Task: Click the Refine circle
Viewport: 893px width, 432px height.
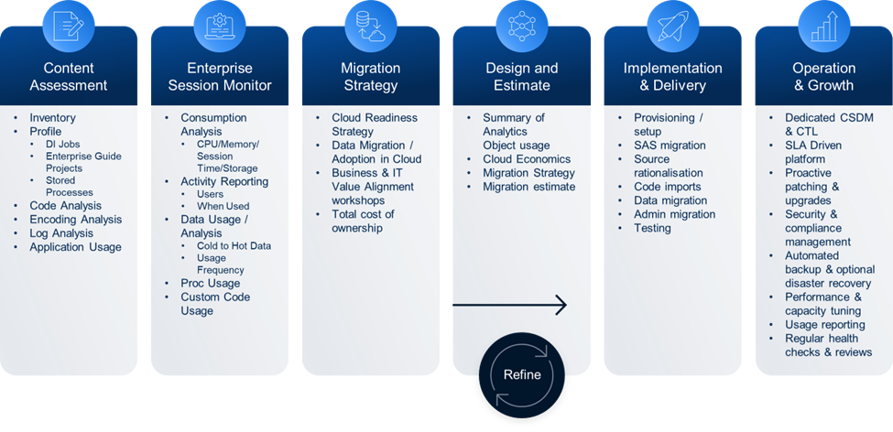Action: coord(522,375)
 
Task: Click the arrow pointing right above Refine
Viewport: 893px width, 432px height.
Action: coord(510,305)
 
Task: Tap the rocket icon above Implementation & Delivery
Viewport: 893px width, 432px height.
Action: coord(672,26)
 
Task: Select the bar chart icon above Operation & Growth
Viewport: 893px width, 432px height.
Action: coord(823,27)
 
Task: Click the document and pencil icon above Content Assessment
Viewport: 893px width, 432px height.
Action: coord(69,27)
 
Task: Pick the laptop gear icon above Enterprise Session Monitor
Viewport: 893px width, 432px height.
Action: coord(219,27)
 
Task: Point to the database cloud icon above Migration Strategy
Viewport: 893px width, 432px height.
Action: coord(371,27)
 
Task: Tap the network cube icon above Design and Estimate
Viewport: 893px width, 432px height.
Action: coord(522,26)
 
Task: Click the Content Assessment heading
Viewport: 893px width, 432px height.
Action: coord(69,77)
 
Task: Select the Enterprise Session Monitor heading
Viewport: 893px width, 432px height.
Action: coord(219,77)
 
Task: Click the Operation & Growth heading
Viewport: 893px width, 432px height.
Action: coord(823,77)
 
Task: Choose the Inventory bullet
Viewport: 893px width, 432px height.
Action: coord(52,118)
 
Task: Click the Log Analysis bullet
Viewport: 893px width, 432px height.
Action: coord(61,233)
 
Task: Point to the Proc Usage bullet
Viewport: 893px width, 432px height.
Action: coord(210,284)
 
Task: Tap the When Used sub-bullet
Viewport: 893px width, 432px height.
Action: coord(223,206)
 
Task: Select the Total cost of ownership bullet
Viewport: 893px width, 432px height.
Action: coord(363,221)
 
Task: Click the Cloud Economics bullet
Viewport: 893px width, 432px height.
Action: coord(527,159)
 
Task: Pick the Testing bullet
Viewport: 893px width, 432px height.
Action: coord(652,228)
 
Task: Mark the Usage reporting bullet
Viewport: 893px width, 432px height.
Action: coord(824,325)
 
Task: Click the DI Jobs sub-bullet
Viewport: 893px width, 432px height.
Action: coord(62,144)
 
